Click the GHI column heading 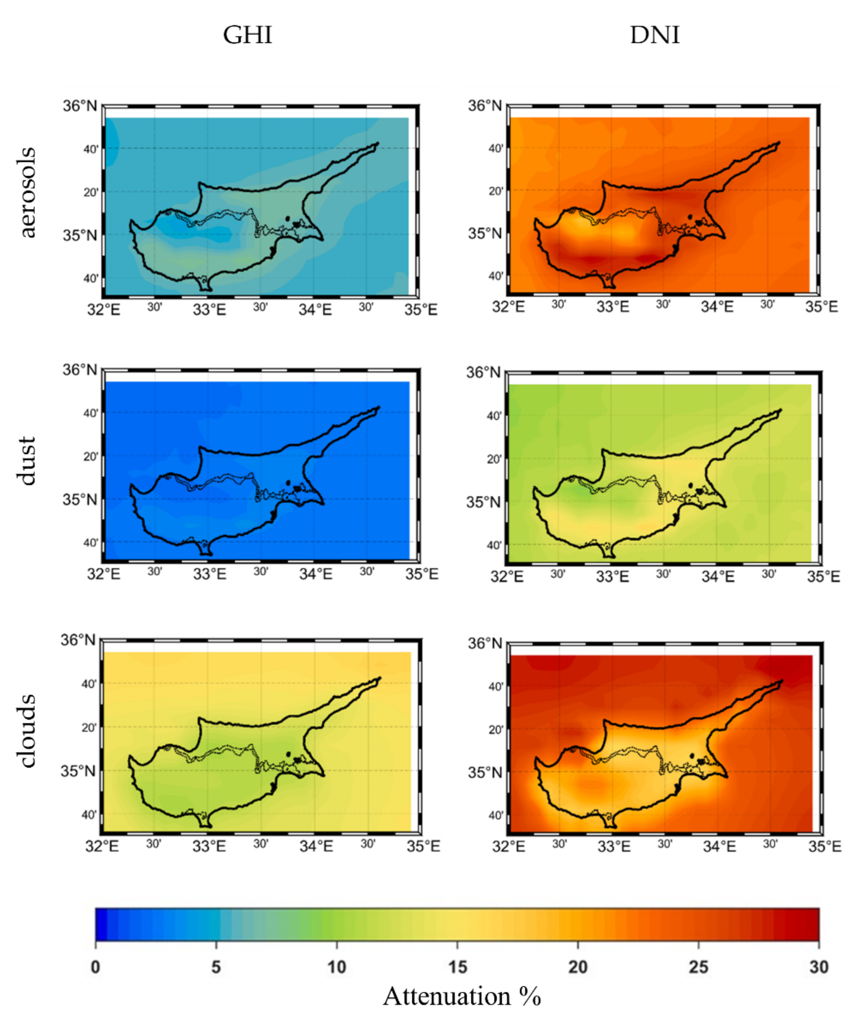pyautogui.click(x=248, y=35)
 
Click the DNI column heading pyautogui.click(x=655, y=35)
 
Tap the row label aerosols pyautogui.click(x=28, y=192)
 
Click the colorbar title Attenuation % pyautogui.click(x=462, y=996)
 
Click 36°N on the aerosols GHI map pyautogui.click(x=79, y=105)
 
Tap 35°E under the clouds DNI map pyautogui.click(x=824, y=846)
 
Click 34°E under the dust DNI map pyautogui.click(x=718, y=577)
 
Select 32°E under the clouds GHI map pyautogui.click(x=102, y=846)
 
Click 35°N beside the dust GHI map pyautogui.click(x=79, y=500)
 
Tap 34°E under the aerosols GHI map pyautogui.click(x=315, y=309)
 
